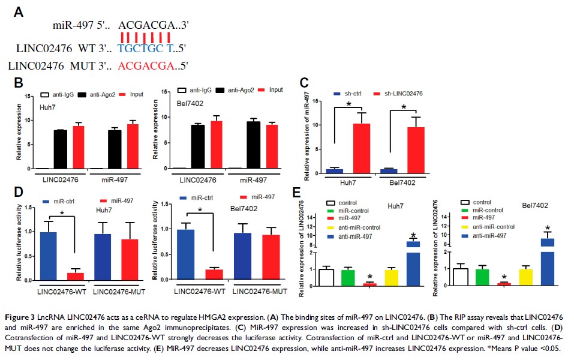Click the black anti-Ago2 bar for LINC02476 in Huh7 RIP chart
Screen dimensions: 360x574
click(60, 149)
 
